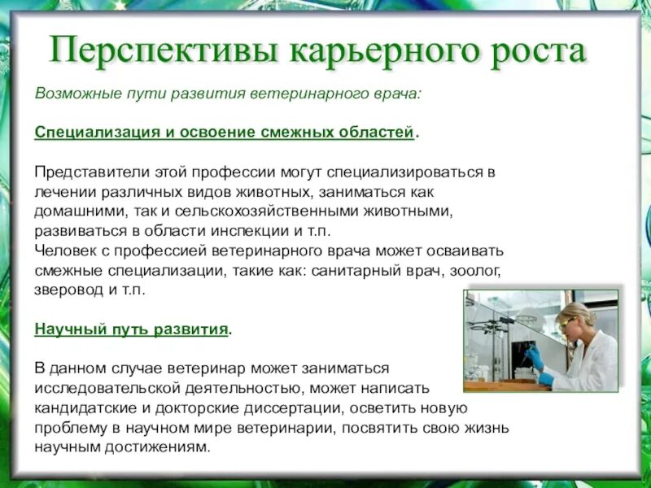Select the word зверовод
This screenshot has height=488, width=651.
click(x=68, y=290)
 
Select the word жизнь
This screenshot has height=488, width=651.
click(x=487, y=428)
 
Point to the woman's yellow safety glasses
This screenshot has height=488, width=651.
click(x=566, y=324)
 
